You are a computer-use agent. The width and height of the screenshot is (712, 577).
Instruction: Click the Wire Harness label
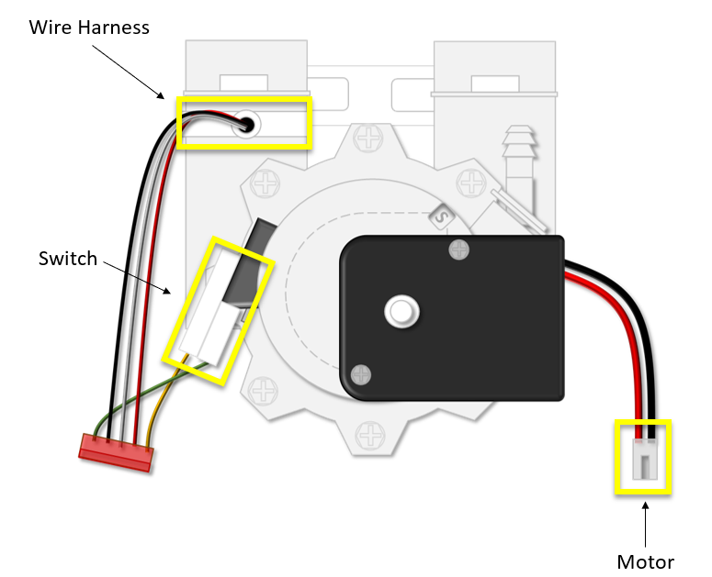89,27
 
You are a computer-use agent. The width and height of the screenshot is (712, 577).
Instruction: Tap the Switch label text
67,259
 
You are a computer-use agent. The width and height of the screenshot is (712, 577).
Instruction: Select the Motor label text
645,560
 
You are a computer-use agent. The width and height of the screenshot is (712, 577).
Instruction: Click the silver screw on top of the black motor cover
458,249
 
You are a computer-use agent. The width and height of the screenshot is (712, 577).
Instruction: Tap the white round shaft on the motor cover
401,310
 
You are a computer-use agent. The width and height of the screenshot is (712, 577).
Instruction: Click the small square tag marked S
441,217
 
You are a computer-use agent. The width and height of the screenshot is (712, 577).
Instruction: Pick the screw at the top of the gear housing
369,140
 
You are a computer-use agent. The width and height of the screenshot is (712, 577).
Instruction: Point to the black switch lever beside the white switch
251,266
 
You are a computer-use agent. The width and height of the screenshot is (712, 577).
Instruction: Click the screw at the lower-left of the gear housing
266,392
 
